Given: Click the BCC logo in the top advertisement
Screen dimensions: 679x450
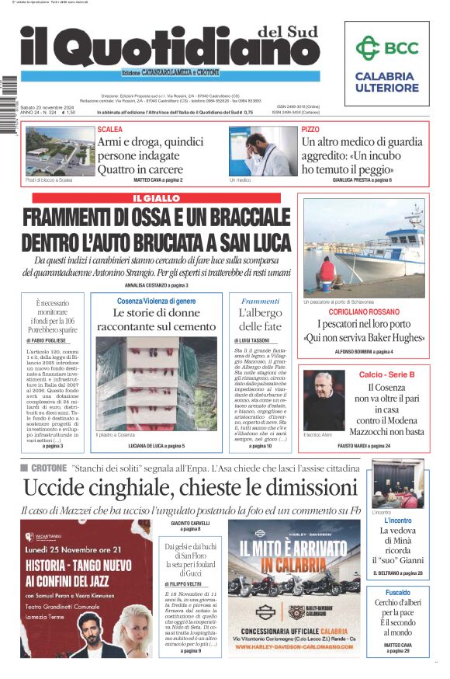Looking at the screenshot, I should (x=386, y=48).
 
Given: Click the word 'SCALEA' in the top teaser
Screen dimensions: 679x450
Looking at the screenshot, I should (x=110, y=129).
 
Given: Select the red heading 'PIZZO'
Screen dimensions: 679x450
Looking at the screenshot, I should (x=310, y=129).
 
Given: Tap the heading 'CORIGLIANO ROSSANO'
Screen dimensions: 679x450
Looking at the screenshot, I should (x=364, y=312).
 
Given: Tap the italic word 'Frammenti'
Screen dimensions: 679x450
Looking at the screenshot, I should (x=260, y=301).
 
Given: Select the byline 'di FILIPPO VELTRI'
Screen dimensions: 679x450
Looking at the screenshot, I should (x=184, y=583).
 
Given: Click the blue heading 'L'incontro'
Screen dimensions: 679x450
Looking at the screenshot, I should (x=397, y=521).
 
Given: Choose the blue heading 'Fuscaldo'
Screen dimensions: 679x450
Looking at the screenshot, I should (x=397, y=592).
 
